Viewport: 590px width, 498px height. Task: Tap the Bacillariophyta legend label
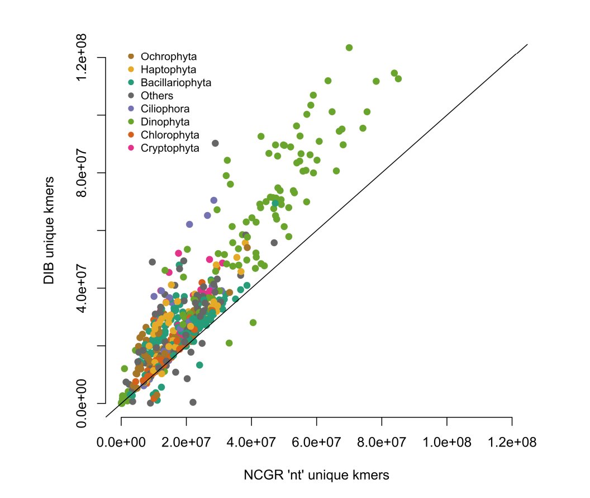click(176, 82)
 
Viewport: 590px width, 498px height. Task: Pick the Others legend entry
click(157, 96)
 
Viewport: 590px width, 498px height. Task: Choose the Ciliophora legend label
click(165, 109)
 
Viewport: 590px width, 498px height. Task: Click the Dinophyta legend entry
click(165, 122)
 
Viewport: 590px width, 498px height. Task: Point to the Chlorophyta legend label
click(170, 135)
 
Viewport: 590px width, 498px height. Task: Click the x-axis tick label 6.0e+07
click(316, 443)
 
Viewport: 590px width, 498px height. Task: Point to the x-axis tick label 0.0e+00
click(121, 443)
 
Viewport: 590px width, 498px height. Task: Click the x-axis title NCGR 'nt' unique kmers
click(316, 475)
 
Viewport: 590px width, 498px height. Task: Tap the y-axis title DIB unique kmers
click(50, 230)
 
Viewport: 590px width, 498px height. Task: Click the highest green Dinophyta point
click(349, 48)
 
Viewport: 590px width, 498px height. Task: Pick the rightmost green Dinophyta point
click(398, 78)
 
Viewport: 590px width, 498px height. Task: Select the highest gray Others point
click(215, 143)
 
